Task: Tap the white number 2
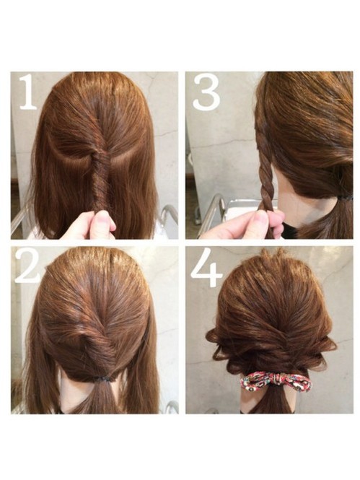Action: coord(27,266)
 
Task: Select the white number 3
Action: coord(206,92)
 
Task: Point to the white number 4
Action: coord(206,267)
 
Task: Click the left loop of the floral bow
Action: coord(258,381)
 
